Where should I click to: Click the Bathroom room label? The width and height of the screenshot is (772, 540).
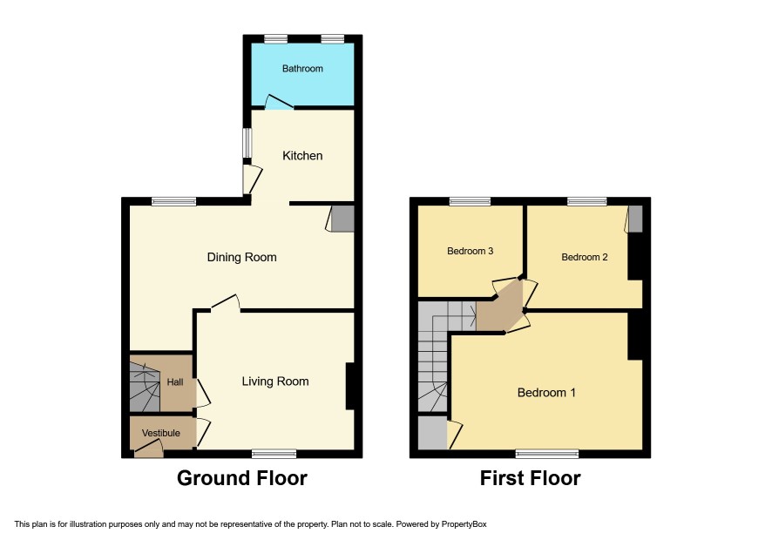click(302, 69)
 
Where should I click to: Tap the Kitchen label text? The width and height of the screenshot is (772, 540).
click(302, 156)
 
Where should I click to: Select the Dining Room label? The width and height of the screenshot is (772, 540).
click(241, 257)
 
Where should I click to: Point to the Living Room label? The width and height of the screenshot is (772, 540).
click(275, 381)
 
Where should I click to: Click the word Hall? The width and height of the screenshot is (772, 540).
click(175, 382)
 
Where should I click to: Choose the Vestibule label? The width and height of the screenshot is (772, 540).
click(161, 433)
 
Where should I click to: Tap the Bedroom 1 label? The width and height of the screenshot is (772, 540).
click(546, 392)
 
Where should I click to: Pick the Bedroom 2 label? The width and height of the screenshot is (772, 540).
click(585, 257)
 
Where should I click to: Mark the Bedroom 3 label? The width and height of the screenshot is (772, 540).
click(471, 251)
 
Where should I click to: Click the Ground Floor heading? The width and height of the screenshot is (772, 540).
click(241, 478)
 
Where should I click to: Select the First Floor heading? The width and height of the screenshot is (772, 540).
click(531, 478)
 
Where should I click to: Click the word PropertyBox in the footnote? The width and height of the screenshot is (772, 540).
click(464, 524)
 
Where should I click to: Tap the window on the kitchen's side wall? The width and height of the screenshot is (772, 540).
click(247, 143)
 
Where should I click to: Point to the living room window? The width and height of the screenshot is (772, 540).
click(274, 454)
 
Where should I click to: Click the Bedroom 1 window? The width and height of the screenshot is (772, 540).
click(547, 454)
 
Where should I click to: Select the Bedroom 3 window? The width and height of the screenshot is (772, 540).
click(471, 201)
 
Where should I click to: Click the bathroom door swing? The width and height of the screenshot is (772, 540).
click(279, 101)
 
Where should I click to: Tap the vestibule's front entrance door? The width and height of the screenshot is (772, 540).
click(149, 449)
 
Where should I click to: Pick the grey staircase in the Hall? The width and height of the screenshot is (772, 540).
click(145, 387)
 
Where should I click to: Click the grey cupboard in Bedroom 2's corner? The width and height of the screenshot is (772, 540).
click(635, 219)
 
